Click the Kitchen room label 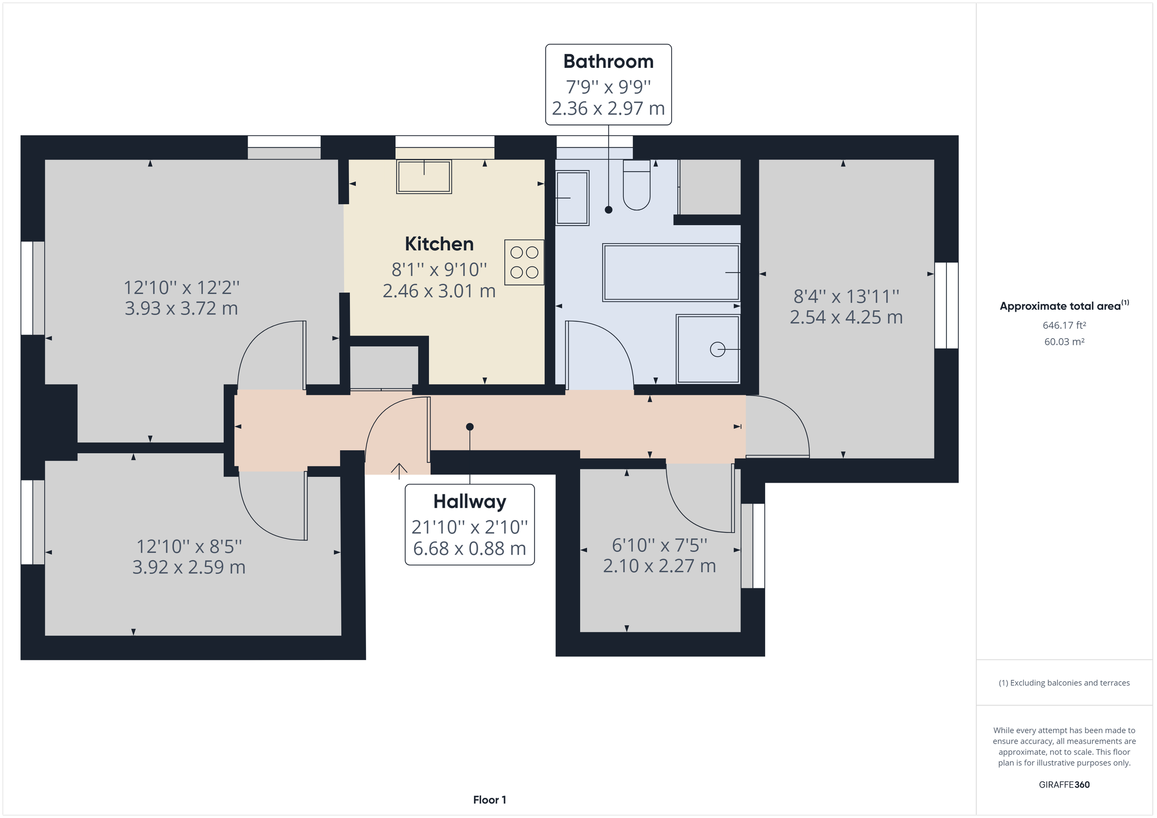pyautogui.click(x=439, y=244)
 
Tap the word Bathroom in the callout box pyautogui.click(x=608, y=62)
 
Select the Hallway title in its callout pyautogui.click(x=470, y=501)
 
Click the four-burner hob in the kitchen pyautogui.click(x=524, y=263)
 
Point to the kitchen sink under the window pyautogui.click(x=424, y=177)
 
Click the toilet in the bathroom pyautogui.click(x=636, y=185)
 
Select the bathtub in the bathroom pyautogui.click(x=671, y=273)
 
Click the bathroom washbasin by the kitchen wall pyautogui.click(x=572, y=198)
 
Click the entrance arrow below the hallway pyautogui.click(x=399, y=471)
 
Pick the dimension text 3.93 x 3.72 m pyautogui.click(x=181, y=308)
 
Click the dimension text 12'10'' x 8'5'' pyautogui.click(x=189, y=546)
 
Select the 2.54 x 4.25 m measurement pyautogui.click(x=846, y=317)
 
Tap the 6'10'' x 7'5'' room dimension pyautogui.click(x=659, y=545)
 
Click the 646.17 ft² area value pyautogui.click(x=1064, y=325)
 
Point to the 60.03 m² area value pyautogui.click(x=1064, y=342)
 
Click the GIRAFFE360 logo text pyautogui.click(x=1064, y=784)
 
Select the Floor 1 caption pyautogui.click(x=489, y=800)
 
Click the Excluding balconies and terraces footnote pyautogui.click(x=1064, y=683)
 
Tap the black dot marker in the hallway pyautogui.click(x=470, y=427)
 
